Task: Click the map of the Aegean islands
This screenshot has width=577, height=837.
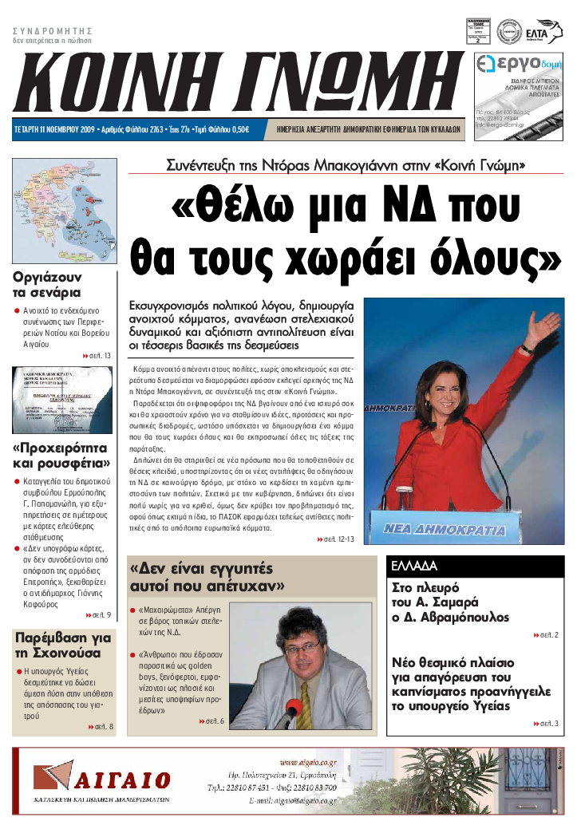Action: click(65, 211)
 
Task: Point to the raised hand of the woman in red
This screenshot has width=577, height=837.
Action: click(546, 328)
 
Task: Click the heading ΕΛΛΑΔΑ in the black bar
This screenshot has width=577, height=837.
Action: click(414, 566)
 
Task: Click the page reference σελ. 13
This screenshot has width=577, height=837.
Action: click(97, 355)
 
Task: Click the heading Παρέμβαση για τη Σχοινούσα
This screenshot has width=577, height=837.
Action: click(63, 646)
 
